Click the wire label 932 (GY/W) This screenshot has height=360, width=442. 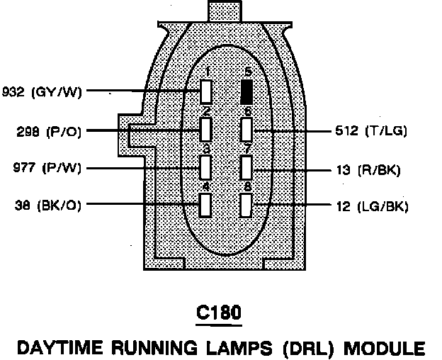[42, 92]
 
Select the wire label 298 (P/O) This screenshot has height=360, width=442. [49, 131]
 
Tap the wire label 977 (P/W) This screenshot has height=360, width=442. [47, 168]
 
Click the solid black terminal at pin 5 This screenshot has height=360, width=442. [247, 92]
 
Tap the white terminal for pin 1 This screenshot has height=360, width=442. [206, 92]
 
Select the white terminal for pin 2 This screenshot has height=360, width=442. [206, 130]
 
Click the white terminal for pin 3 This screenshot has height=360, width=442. [206, 167]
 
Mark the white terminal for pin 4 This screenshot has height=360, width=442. [206, 204]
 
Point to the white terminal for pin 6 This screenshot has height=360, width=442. [247, 130]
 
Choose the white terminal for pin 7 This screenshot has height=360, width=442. [247, 167]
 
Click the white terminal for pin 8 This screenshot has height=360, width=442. [247, 205]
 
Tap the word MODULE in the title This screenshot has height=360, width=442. [382, 348]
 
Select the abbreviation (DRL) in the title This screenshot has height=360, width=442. [305, 348]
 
